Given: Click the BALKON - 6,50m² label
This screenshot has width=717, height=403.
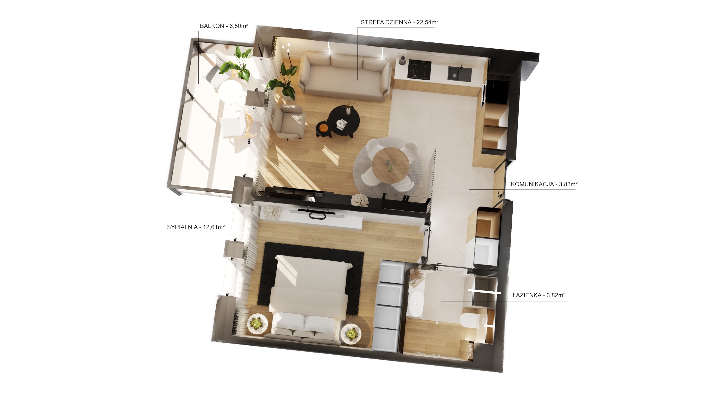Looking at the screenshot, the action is pos(224,26).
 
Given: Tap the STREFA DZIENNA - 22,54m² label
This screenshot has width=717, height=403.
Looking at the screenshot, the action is pos(399,22).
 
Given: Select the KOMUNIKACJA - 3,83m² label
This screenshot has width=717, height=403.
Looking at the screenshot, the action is pos(544,184).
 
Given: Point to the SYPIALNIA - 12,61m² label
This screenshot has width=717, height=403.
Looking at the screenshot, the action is pos(196,227).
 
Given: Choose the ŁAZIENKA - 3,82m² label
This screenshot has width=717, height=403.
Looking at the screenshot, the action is pos(539,295).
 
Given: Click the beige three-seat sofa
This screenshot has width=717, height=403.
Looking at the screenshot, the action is pos(345,76).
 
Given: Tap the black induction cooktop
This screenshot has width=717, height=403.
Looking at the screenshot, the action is pos(419,70).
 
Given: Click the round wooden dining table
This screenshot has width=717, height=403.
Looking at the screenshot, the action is pos(390,166).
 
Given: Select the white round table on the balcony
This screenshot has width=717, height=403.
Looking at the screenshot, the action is pos(230,92).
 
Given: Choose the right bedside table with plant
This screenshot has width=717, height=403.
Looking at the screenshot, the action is pos(351,333).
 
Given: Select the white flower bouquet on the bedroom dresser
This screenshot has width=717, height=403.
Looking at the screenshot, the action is pos(272,213).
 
